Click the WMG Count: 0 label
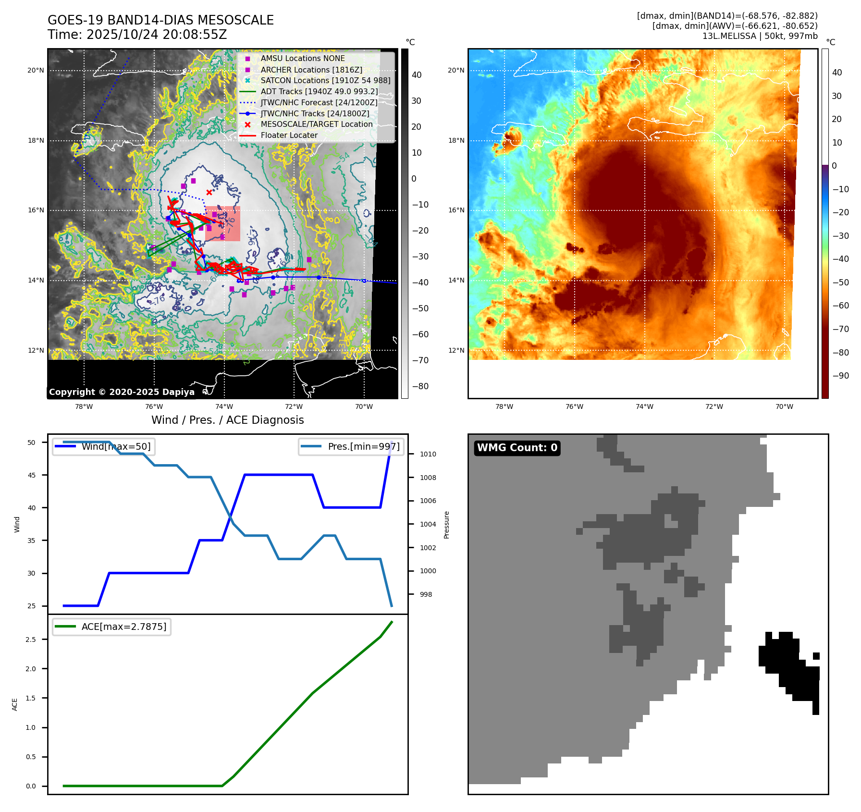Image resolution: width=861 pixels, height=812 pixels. [x=517, y=448]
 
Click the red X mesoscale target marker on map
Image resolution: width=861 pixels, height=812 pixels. [x=209, y=192]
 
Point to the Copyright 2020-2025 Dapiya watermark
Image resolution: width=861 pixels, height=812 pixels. [x=122, y=392]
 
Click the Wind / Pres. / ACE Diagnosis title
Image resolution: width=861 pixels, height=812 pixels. [x=227, y=420]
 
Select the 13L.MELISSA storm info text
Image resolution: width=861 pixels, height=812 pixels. [x=760, y=36]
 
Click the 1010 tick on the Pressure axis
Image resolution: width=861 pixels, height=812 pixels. [x=428, y=454]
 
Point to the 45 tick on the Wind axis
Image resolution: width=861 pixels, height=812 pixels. [x=32, y=475]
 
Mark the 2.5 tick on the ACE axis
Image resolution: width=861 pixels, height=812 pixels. [x=31, y=640]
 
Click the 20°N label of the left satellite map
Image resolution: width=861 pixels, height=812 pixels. [x=36, y=71]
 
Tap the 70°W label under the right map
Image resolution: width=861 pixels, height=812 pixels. [x=784, y=406]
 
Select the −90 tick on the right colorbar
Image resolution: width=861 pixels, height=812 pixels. [x=840, y=376]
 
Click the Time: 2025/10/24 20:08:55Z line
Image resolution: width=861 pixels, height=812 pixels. [x=137, y=35]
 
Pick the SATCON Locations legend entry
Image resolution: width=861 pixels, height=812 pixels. [x=325, y=80]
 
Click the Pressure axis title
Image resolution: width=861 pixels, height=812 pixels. [x=446, y=525]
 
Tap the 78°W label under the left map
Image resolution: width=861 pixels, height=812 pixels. [x=84, y=406]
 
